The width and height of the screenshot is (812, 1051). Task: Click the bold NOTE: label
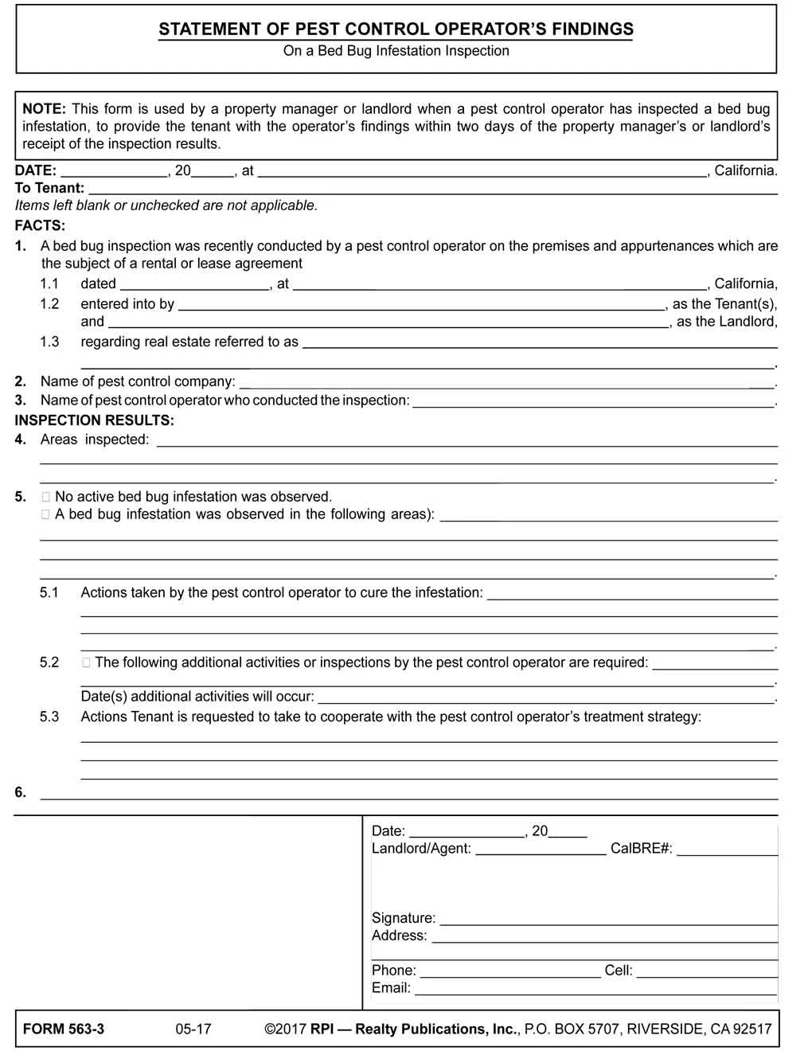[44, 109]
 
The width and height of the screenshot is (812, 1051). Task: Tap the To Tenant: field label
[49, 188]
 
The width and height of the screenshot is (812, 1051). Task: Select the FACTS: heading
[40, 225]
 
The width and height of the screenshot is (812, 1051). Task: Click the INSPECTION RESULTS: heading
[94, 420]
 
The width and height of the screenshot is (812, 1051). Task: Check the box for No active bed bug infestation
[46, 497]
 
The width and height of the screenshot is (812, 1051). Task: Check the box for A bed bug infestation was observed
[46, 514]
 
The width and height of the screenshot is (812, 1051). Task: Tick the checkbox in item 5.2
[86, 662]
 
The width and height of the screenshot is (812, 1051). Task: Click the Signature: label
[403, 918]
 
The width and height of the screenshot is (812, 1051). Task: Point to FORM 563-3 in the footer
[64, 1029]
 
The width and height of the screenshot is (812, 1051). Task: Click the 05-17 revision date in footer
[193, 1029]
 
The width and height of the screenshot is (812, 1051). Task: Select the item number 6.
[21, 792]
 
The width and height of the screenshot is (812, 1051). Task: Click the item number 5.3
[49, 717]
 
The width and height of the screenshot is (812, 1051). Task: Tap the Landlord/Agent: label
[421, 849]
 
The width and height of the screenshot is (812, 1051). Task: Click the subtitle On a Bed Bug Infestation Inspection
[396, 51]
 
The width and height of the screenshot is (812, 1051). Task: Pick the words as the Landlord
[725, 322]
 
